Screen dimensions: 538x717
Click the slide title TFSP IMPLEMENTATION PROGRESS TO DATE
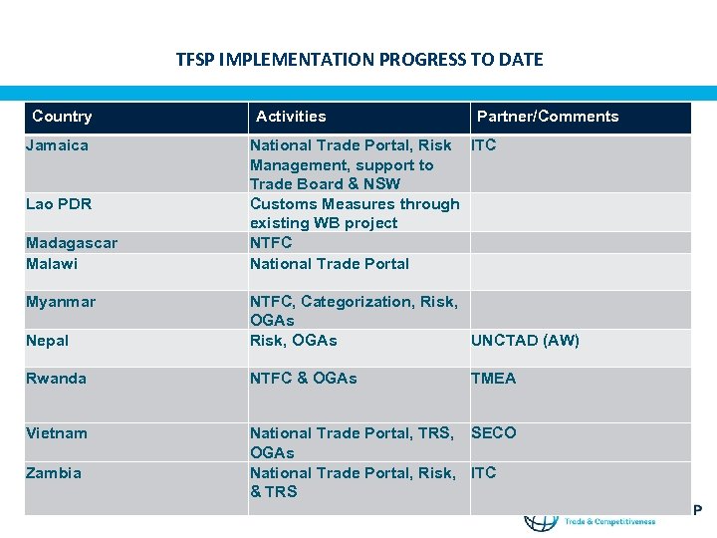tap(359, 60)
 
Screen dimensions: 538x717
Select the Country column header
tap(62, 117)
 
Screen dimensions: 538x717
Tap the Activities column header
tap(291, 117)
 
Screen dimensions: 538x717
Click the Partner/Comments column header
tap(548, 117)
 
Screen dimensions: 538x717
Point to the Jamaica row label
tap(57, 145)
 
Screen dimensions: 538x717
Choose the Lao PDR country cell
tap(59, 204)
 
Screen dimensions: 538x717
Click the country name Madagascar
tap(72, 243)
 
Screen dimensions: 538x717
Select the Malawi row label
tap(52, 263)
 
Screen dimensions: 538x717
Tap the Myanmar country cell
tap(61, 301)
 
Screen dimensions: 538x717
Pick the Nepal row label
tap(48, 341)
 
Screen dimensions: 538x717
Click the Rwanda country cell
tap(57, 379)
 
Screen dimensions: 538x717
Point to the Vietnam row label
tap(57, 433)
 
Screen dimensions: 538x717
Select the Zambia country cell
tap(54, 473)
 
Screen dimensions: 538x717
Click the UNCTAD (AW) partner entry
tap(525, 341)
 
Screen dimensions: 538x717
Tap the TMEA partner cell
tap(494, 379)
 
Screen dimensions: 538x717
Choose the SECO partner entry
tap(494, 433)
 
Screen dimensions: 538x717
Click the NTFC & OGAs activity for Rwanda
tap(304, 379)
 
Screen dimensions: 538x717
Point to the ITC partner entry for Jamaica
tap(484, 145)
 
